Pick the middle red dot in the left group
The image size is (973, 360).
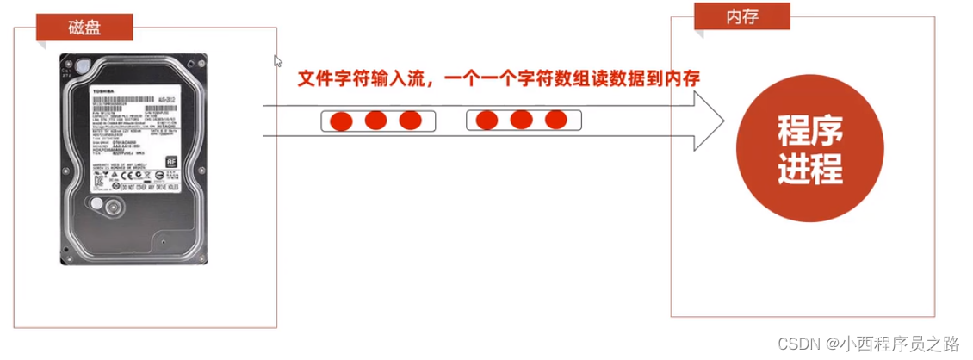[375, 120]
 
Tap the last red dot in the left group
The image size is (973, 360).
[409, 120]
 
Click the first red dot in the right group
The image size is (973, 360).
[487, 120]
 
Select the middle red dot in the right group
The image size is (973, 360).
[520, 120]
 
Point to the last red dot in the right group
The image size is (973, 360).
[554, 120]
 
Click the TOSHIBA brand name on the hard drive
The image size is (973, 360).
[108, 89]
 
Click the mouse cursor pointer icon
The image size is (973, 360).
[277, 61]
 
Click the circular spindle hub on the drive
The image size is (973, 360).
[113, 207]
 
